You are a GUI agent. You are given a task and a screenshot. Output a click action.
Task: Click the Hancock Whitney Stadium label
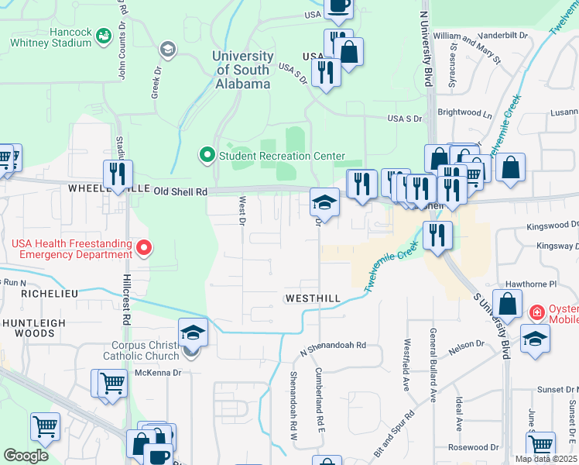tap(50, 38)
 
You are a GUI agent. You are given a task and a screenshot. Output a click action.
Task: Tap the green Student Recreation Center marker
tap(206, 156)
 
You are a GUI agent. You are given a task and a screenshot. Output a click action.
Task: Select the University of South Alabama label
tap(244, 70)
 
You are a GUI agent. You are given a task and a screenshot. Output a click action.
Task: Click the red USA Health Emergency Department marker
tap(143, 248)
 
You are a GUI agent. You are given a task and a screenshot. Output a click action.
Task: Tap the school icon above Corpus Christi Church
tap(193, 332)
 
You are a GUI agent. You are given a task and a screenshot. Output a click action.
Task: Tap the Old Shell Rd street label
tap(180, 191)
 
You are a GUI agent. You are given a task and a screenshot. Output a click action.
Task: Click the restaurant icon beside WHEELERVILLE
tap(118, 174)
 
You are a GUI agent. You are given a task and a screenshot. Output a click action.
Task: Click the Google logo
tap(26, 456)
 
